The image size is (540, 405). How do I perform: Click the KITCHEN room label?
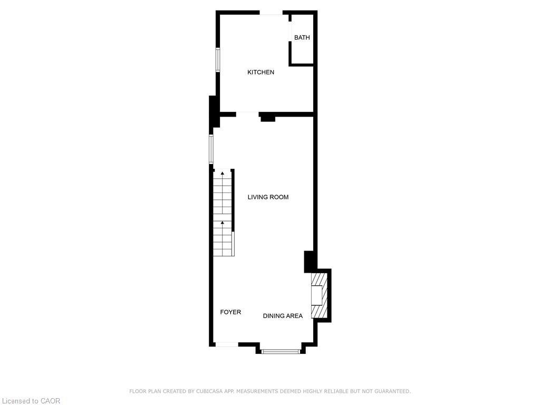point(261,72)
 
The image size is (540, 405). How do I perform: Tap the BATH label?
point(302,37)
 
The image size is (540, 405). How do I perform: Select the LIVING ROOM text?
point(268,197)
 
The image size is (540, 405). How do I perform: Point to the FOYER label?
point(230,312)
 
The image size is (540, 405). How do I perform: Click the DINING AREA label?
point(283,316)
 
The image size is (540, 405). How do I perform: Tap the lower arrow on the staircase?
point(223,223)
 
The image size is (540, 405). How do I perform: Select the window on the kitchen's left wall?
point(217,60)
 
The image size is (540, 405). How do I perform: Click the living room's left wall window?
point(211,149)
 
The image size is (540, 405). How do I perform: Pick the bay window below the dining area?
point(281,351)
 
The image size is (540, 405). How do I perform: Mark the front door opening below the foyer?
point(227,344)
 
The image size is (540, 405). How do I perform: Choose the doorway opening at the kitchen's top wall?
point(271,13)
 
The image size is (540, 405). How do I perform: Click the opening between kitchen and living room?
point(247,113)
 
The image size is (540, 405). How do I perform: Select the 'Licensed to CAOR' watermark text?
point(31,401)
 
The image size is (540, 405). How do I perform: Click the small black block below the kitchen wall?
point(268,118)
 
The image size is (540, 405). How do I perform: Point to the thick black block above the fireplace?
point(310,262)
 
